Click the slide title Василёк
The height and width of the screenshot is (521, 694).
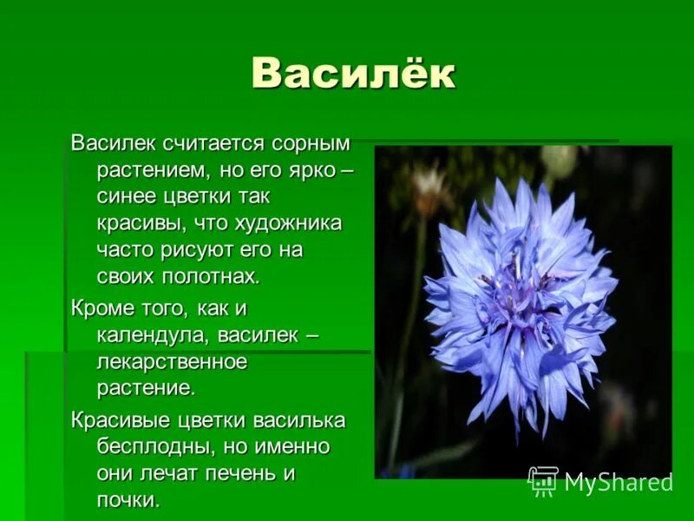[x=353, y=73]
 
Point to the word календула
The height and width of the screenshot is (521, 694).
[x=151, y=334]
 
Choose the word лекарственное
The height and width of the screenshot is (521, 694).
[x=172, y=361]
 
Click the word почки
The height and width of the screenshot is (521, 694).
[x=128, y=501]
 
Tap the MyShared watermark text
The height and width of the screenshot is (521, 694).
[x=619, y=483]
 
